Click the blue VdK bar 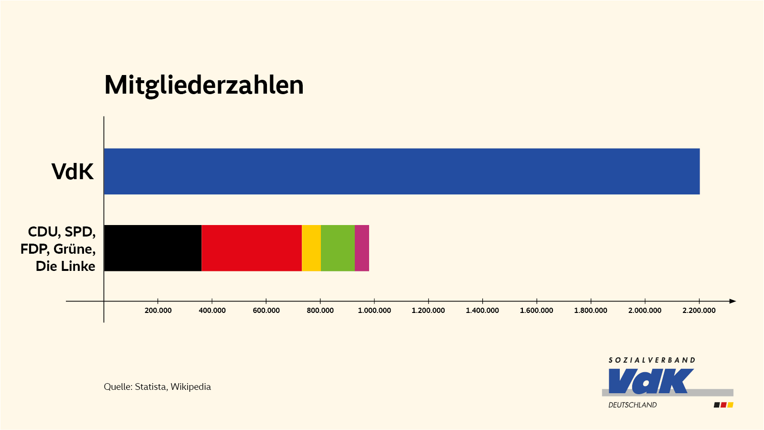pos(401,171)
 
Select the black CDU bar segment pos(153,248)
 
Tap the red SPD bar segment pos(252,248)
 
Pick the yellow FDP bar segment pos(311,248)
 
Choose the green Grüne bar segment pos(338,248)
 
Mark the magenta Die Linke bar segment pos(362,248)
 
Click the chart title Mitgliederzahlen pos(204,86)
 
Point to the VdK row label pos(73,172)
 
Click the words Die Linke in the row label pos(65,266)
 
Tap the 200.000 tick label pos(158,311)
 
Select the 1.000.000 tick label pos(374,311)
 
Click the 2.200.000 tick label pos(699,311)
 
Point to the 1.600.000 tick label pos(537,311)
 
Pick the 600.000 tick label pos(266,311)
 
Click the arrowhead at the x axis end pos(733,301)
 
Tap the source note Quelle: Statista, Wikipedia pos(157,387)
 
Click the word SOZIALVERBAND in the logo pos(652,360)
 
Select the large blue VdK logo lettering pos(650,381)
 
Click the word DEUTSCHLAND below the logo pos(632,405)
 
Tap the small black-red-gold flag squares pos(723,405)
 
